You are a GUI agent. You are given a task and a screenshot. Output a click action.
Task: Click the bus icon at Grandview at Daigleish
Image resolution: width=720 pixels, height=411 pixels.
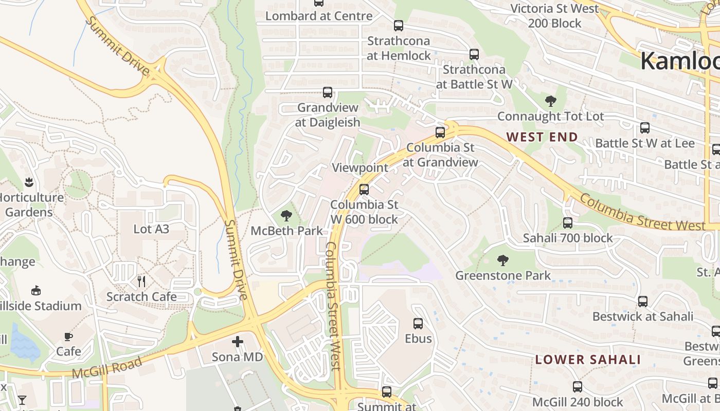327,92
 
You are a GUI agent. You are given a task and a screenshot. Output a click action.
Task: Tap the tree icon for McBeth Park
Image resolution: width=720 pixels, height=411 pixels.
286,216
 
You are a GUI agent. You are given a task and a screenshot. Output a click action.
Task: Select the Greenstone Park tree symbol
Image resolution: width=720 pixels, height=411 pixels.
503,260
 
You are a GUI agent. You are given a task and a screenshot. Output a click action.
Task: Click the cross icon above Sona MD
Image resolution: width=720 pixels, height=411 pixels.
237,341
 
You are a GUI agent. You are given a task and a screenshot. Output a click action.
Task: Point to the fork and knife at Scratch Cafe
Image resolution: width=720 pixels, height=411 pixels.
141,281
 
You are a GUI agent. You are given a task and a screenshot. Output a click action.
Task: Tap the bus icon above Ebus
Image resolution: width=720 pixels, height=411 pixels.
418,324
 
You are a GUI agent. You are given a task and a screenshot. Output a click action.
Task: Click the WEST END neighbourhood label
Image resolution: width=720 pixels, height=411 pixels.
542,137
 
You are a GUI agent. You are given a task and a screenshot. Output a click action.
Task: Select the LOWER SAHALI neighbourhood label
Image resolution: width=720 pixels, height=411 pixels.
588,360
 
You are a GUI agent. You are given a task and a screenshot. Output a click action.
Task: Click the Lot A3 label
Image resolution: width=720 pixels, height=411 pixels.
151,229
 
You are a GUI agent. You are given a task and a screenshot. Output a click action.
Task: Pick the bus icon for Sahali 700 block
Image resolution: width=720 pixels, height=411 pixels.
568,223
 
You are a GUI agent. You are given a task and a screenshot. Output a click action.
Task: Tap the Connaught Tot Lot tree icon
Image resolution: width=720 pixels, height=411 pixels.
550,101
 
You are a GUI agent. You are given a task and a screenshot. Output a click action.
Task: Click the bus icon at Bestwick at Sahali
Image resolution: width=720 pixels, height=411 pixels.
643,302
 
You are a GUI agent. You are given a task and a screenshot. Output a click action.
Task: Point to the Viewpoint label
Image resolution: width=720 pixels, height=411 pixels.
360,167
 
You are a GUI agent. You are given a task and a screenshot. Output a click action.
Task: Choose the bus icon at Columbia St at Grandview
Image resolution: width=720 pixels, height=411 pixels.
440,133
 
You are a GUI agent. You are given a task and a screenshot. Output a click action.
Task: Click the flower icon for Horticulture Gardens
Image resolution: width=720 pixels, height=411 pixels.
29,182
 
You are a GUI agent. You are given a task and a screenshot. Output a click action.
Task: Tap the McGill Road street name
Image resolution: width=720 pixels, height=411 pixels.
107,368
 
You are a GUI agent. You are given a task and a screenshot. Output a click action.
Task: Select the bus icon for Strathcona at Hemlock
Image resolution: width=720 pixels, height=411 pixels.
399,26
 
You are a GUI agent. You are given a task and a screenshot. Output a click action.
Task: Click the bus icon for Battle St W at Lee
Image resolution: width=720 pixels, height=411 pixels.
645,128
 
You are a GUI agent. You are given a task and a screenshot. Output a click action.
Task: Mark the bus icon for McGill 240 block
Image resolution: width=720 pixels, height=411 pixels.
578,387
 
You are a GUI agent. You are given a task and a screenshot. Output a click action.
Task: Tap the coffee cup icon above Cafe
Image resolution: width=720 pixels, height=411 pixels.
68,337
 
